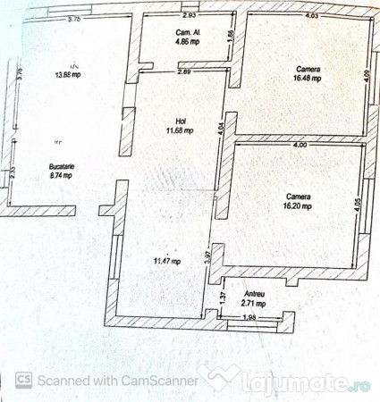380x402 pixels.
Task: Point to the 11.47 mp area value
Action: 166,261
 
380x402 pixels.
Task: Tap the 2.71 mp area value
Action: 253,304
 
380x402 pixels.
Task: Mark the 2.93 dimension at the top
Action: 190,15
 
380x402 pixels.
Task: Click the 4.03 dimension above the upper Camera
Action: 311,15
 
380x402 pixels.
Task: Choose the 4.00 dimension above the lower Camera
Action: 299,145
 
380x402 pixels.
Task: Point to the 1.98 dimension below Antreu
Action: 250,318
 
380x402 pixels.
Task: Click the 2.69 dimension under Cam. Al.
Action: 184,71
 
